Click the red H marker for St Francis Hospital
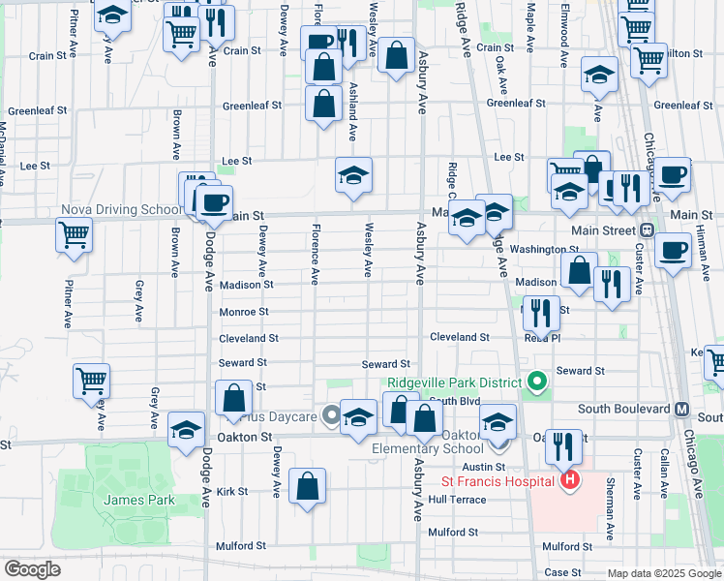coord(570,478)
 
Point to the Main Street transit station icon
coord(646,230)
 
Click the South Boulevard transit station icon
coord(681,409)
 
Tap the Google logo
coord(31,569)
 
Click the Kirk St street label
coord(232,491)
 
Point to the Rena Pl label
coord(542,338)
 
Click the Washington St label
coord(544,249)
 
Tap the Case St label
coord(561,571)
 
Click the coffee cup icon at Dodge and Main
coord(214,202)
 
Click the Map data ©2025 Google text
coord(664,573)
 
